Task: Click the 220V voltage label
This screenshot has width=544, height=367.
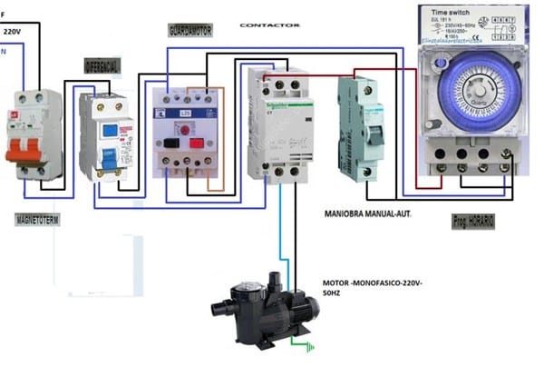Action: point(14,31)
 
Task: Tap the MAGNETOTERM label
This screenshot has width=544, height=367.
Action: point(37,221)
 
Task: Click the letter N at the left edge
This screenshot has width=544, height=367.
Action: point(4,51)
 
